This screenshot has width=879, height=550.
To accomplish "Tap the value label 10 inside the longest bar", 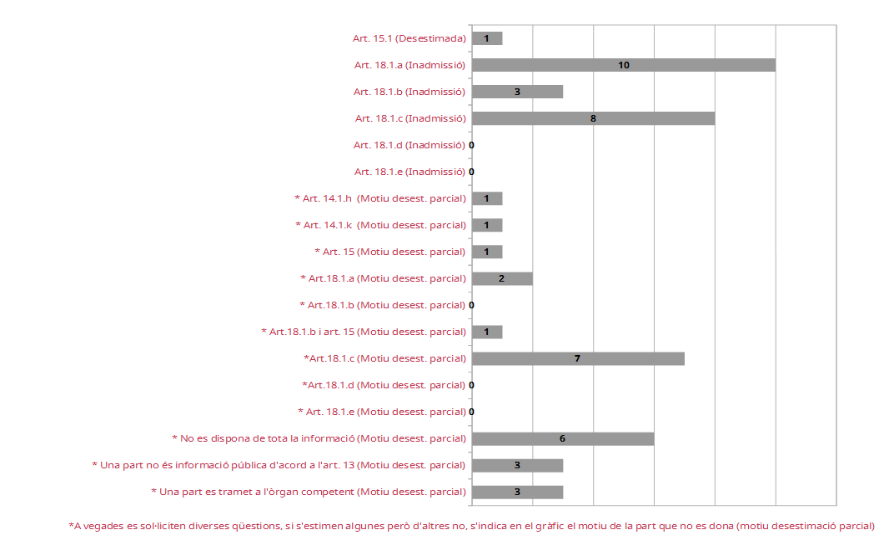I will (x=624, y=65).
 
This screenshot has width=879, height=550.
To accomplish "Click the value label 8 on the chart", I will (x=593, y=118).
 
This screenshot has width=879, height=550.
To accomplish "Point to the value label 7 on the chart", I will (x=577, y=358).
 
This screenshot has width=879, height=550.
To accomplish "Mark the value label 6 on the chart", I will (x=562, y=438).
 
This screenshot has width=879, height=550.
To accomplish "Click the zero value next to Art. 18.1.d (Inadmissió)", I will (x=472, y=145).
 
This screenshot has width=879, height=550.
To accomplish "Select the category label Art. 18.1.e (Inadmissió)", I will (x=409, y=172).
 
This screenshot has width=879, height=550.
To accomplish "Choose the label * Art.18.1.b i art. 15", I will (x=364, y=332).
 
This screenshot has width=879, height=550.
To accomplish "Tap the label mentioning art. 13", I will (x=279, y=465).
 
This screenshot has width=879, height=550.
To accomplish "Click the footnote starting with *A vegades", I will (x=471, y=526).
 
